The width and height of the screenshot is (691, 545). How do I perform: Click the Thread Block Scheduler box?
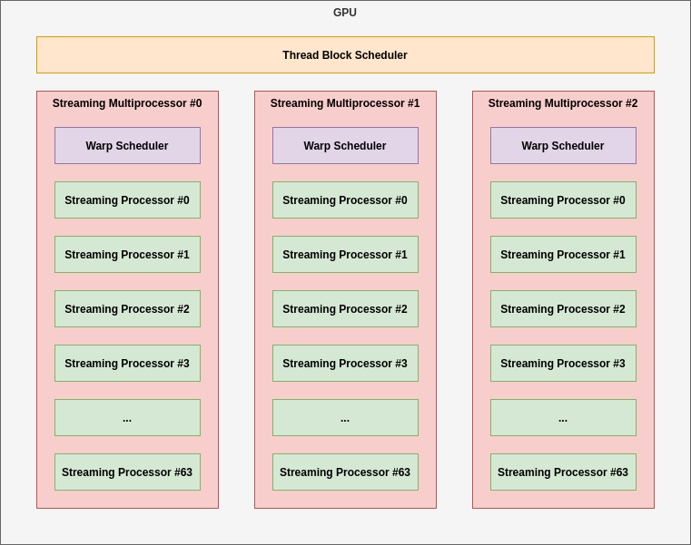345,55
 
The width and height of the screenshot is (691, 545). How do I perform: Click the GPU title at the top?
345,13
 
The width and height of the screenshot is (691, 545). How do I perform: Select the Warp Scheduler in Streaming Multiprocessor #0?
127,146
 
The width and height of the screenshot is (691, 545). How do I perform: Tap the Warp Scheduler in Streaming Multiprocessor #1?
345,146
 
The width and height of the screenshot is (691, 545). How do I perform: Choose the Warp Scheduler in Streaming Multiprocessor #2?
563,146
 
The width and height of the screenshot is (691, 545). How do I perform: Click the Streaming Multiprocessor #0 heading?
127,103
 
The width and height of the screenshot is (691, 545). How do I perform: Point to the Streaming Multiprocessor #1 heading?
345,103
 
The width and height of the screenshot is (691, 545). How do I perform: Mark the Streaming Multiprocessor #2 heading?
563,103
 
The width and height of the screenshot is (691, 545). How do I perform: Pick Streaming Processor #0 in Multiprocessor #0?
127,200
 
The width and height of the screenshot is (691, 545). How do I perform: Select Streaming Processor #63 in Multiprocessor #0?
127,472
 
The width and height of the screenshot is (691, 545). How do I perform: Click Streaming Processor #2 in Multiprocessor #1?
345,309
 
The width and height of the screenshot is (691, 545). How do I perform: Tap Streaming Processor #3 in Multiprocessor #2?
563,364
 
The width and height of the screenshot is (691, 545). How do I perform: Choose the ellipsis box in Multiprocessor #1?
345,418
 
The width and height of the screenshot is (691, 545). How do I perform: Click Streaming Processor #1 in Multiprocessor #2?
563,255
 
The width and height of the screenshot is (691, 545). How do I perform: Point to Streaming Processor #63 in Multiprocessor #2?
563,472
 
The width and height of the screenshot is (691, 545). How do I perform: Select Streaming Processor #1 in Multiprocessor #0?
127,255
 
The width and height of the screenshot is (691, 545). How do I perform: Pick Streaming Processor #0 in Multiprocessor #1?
345,200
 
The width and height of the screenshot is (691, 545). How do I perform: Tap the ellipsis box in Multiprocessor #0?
127,418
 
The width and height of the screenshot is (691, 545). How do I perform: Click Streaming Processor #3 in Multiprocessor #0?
127,364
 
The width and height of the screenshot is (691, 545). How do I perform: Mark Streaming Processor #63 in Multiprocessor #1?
345,472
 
